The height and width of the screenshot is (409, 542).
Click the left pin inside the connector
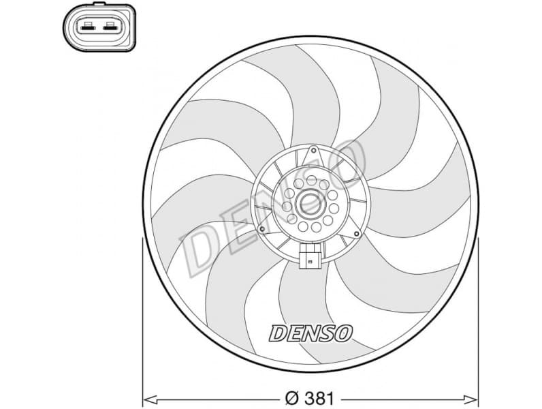[88, 27]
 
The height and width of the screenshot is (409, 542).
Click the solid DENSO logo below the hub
[311, 333]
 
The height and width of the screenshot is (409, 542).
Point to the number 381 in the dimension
[323, 396]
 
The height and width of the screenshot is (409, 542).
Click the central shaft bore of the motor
[313, 202]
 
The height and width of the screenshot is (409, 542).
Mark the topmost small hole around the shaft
[312, 181]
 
